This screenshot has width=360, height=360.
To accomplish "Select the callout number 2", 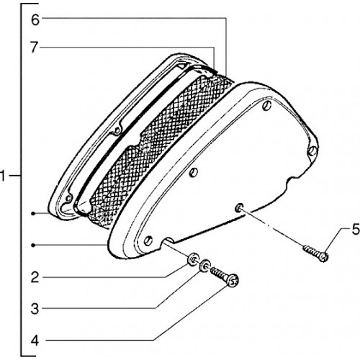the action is click(x=35, y=278).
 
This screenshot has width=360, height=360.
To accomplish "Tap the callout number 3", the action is click(x=35, y=309).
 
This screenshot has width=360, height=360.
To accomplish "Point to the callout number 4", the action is click(x=35, y=341).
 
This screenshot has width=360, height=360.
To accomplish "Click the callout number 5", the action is click(x=356, y=229).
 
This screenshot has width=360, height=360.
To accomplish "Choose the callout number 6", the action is click(x=35, y=20).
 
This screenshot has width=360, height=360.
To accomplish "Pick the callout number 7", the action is click(x=35, y=48).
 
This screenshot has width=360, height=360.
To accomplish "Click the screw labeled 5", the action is click(x=316, y=253).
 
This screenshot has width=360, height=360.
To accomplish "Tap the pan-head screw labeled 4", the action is click(x=225, y=277).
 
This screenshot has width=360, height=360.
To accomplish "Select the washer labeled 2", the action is click(x=193, y=258).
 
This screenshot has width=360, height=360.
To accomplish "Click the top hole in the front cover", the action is click(x=267, y=106).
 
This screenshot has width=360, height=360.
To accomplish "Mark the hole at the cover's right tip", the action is click(x=312, y=150).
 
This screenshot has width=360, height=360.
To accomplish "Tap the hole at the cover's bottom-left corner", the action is click(x=148, y=240).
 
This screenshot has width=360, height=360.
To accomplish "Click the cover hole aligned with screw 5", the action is click(x=239, y=207).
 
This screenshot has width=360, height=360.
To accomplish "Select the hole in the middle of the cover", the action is click(x=194, y=172).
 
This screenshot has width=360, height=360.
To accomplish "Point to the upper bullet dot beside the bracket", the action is click(x=34, y=213).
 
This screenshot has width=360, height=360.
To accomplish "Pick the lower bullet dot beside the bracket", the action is click(x=34, y=245).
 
